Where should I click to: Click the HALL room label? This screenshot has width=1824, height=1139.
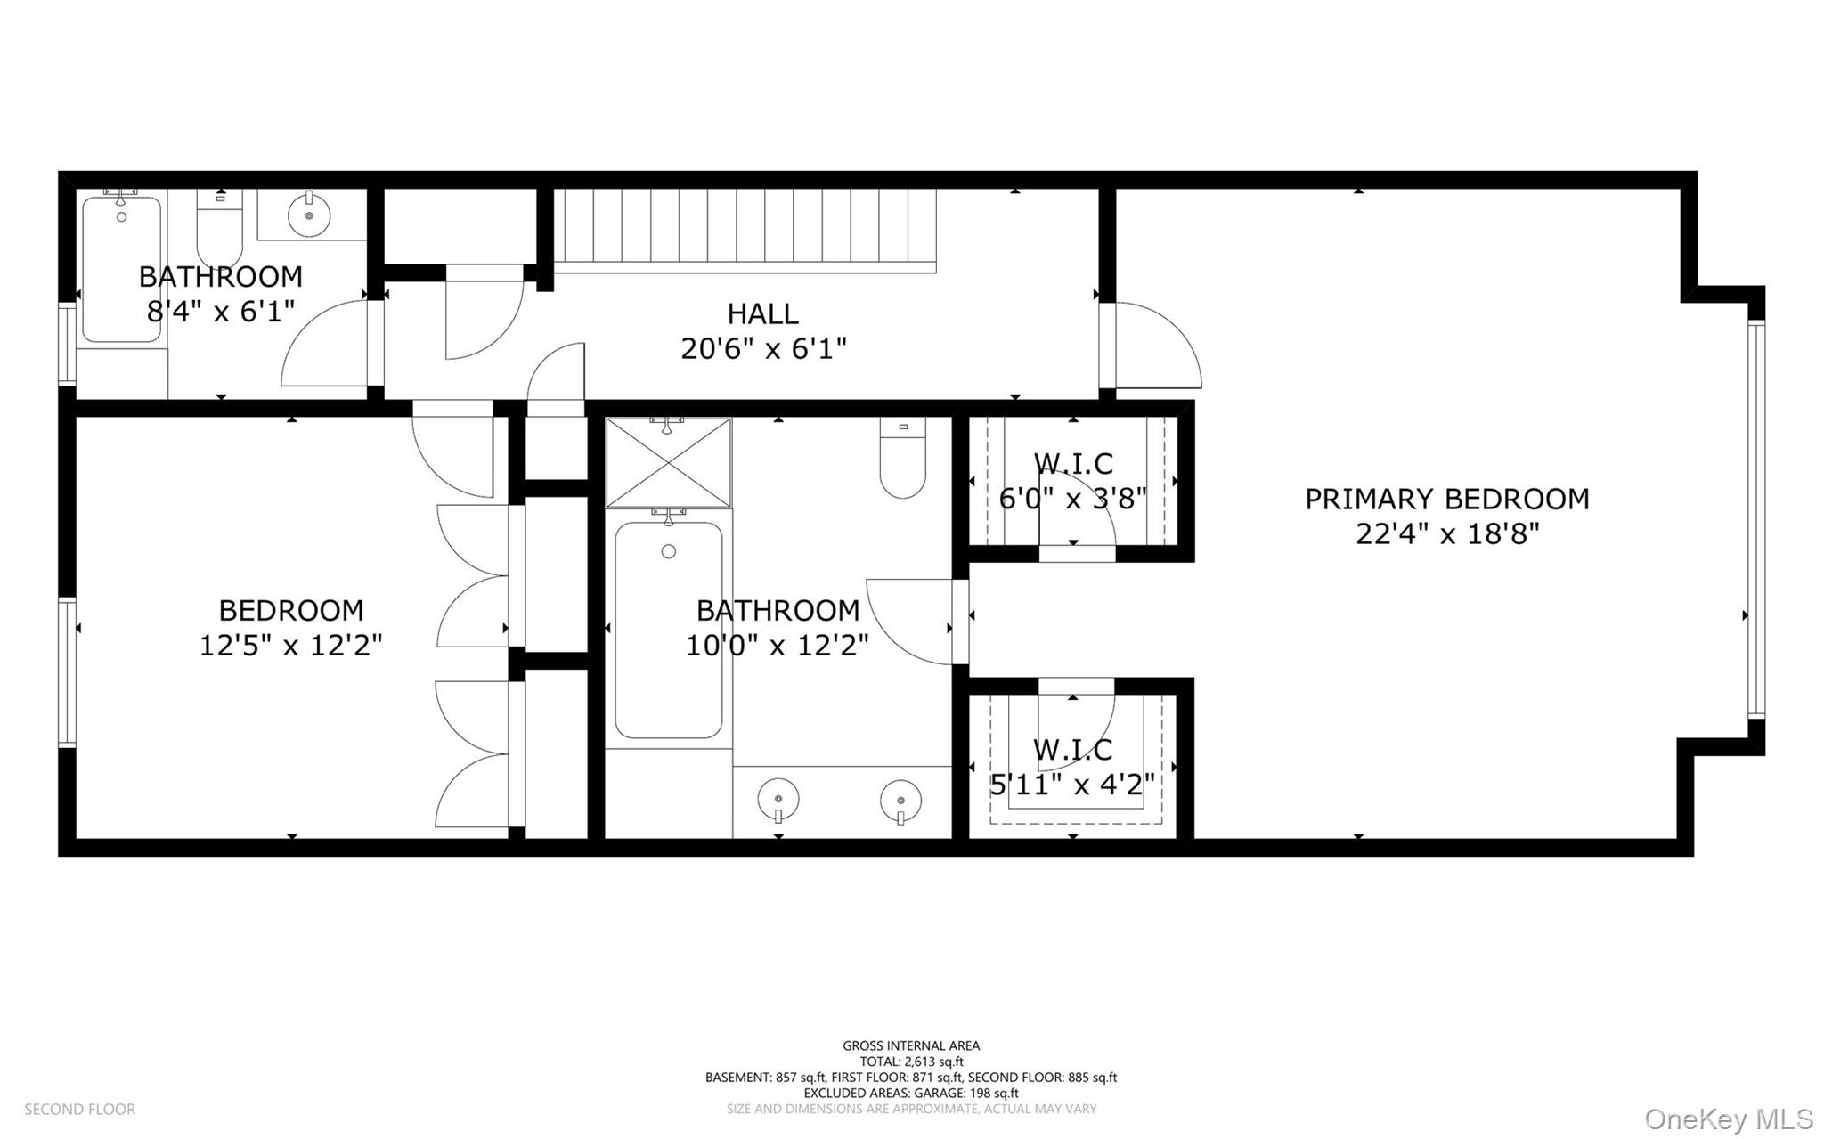pos(762,313)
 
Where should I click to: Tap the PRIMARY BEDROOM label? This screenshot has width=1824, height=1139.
pos(1446,499)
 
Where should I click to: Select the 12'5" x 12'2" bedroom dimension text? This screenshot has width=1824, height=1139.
pos(290,645)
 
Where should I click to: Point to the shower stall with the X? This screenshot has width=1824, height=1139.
pos(668,463)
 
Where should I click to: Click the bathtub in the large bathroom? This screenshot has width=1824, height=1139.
pos(668,631)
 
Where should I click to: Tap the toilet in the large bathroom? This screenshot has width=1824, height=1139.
pos(902,458)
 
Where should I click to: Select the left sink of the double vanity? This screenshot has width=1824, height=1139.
pos(778,797)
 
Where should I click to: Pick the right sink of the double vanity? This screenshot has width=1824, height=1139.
pos(900,797)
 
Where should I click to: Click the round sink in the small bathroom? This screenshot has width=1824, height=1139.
pos(309,215)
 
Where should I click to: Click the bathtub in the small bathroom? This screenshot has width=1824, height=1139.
pos(121,269)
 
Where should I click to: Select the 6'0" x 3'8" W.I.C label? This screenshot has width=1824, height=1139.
pos(1072,498)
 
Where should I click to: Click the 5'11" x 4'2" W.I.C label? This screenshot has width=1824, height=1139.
pos(1072,785)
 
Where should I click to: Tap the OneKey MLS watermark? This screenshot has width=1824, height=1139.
pos(1728,1119)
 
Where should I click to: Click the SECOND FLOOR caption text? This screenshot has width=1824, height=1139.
pos(79,1109)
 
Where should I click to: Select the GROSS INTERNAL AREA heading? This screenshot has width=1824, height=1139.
pos(910,1045)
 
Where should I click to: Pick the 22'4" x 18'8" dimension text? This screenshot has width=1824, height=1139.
pos(1446,534)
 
